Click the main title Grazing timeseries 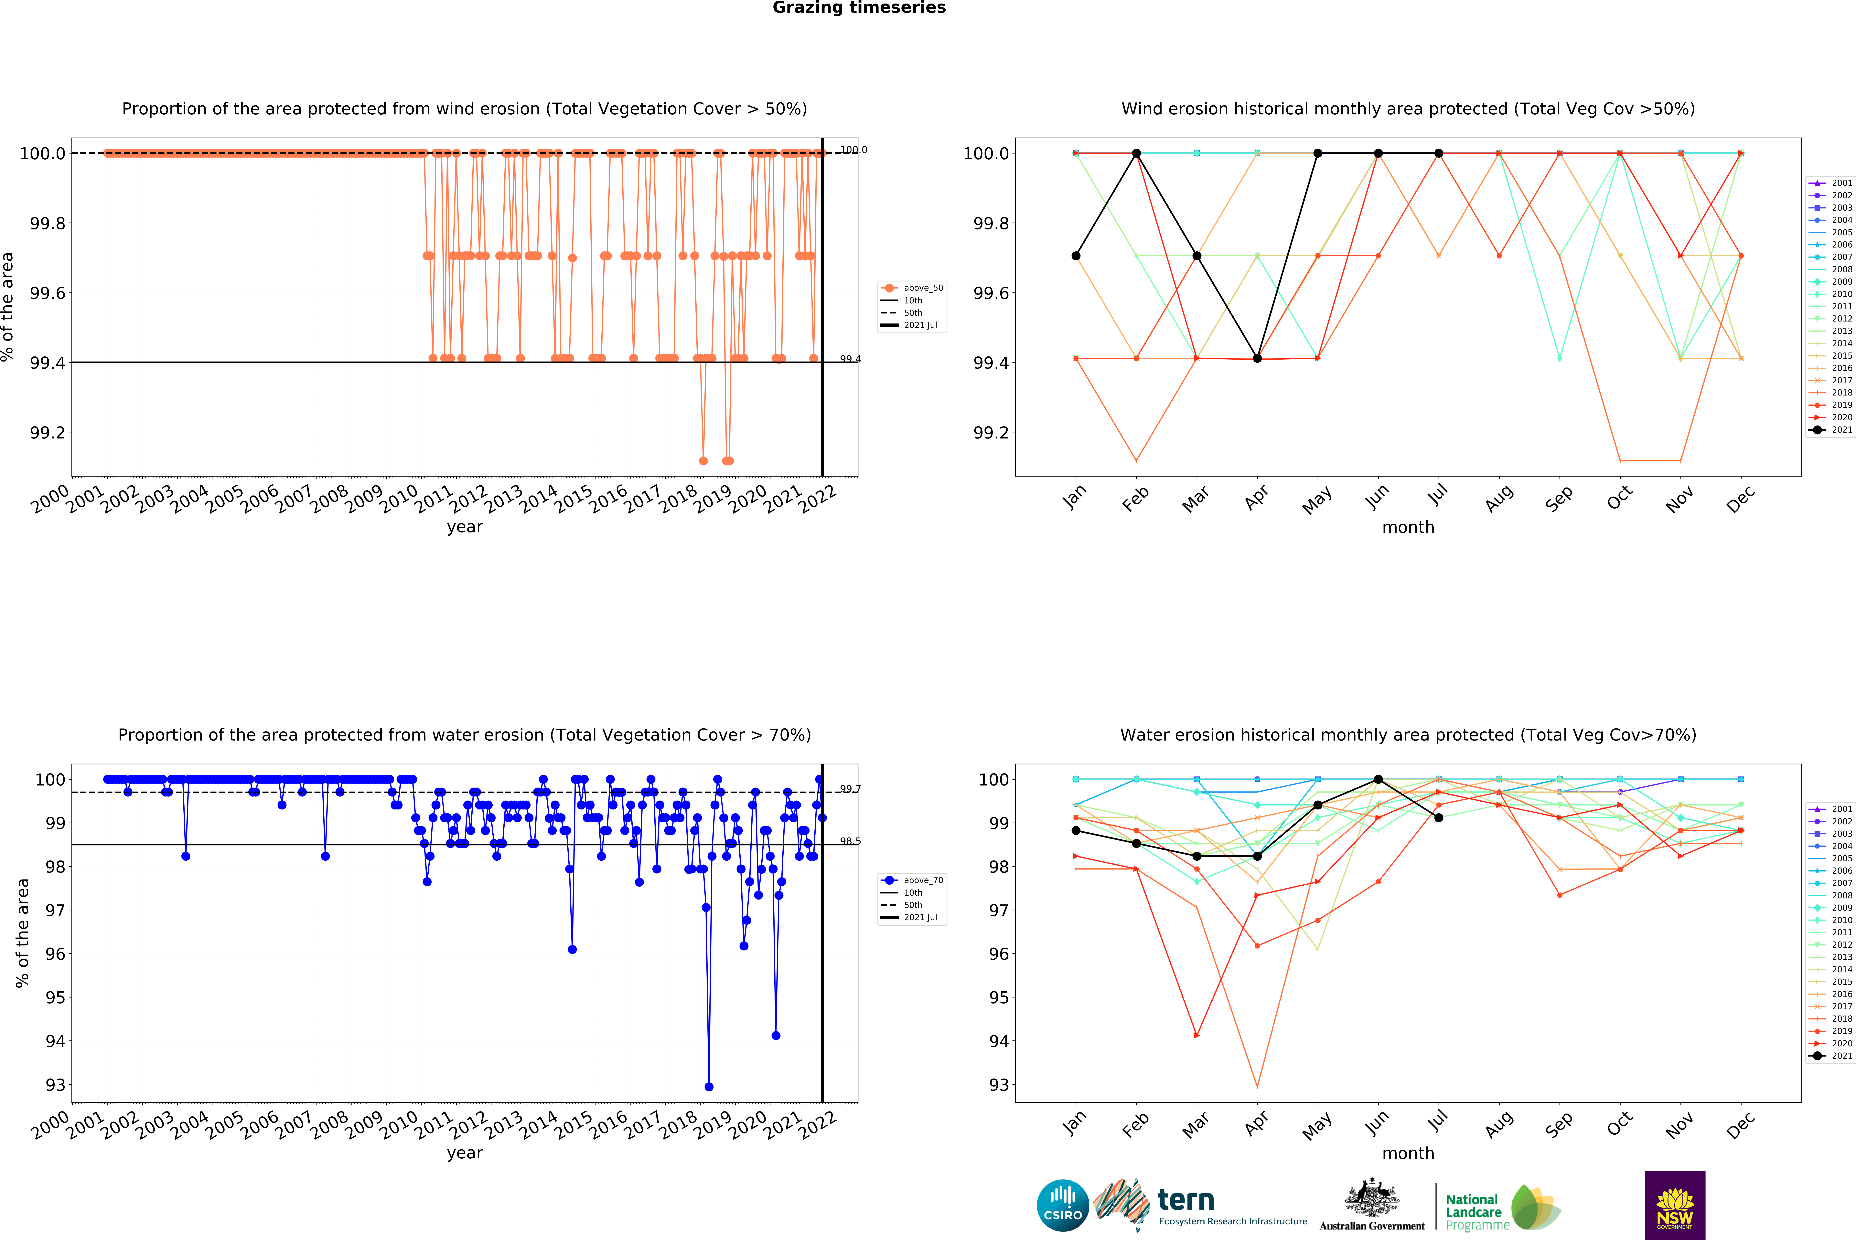click(859, 8)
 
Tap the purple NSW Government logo click(1675, 1205)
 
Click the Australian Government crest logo click(1371, 1205)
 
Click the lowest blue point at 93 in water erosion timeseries click(708, 1086)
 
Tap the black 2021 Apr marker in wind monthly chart click(1257, 358)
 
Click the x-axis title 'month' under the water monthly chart click(1408, 1154)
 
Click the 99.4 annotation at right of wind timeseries click(850, 359)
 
